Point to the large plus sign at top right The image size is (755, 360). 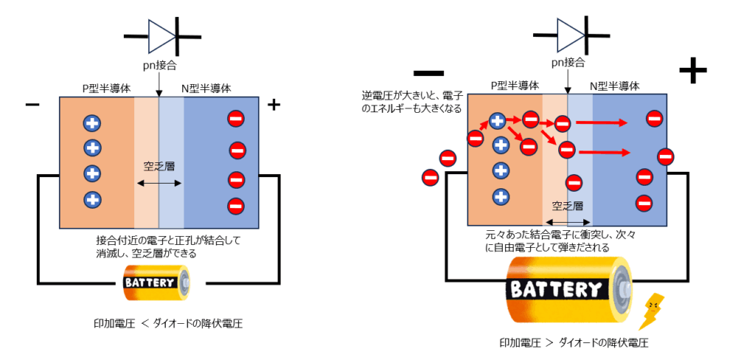pyautogui.click(x=692, y=72)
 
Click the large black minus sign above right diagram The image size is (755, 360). pyautogui.click(x=428, y=73)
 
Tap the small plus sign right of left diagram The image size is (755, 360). pyautogui.click(x=274, y=105)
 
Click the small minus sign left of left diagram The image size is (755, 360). pyautogui.click(x=32, y=105)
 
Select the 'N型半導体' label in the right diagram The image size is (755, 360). pyautogui.click(x=615, y=86)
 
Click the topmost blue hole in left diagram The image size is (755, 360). pyautogui.click(x=92, y=122)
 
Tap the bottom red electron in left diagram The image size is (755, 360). pyautogui.click(x=236, y=206)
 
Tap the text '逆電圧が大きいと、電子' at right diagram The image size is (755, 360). pyautogui.click(x=411, y=95)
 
